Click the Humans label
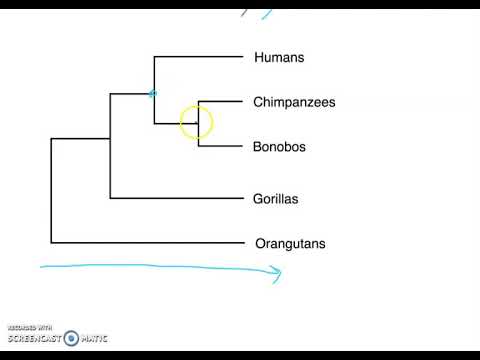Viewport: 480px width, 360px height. (279, 57)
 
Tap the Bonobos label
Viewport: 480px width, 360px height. (279, 147)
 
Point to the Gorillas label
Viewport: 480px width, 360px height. (276, 198)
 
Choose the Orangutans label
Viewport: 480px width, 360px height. (290, 243)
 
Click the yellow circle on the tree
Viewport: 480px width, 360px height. (196, 123)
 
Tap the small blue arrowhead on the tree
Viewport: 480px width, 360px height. (153, 94)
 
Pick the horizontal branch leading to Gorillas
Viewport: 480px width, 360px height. (175, 198)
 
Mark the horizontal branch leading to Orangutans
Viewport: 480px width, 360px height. (145, 243)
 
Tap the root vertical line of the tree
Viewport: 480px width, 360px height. (51, 190)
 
